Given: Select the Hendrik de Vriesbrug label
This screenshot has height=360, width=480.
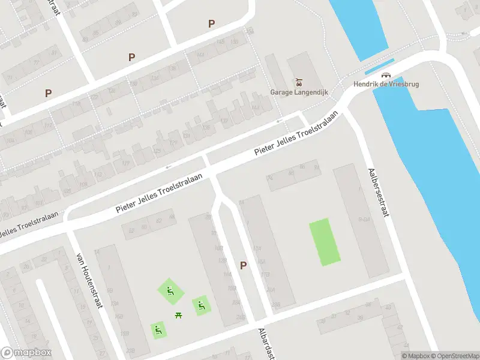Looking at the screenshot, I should coord(386,84).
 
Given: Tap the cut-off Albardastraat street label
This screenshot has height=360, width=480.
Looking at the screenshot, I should coord(265,344).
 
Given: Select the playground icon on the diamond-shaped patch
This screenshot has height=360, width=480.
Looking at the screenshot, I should coord(170,292).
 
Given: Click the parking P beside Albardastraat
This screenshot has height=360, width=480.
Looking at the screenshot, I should coord(243,265).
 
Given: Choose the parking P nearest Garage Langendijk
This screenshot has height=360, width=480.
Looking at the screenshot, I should coord(211,23).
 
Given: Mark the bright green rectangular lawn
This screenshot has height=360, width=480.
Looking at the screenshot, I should coord(324,242).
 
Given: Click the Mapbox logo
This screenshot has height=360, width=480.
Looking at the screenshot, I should coord(26,353).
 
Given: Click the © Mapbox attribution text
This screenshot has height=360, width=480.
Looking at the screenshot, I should coord(415,356).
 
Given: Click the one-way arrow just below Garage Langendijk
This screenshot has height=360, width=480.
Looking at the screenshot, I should coord(278,122).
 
